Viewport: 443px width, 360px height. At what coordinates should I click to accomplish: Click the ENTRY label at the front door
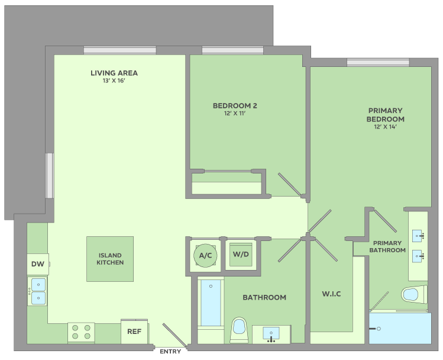(170, 352)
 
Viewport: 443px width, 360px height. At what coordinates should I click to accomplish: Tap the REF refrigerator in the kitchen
(134, 332)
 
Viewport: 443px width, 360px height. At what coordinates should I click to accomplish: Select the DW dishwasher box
(38, 264)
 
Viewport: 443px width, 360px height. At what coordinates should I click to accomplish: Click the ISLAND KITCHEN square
(110, 259)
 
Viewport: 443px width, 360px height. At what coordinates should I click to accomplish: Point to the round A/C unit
(205, 256)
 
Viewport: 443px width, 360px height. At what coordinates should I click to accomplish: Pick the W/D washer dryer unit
(241, 255)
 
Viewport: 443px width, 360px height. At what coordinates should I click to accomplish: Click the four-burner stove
(81, 332)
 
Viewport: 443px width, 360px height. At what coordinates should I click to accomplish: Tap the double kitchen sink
(38, 291)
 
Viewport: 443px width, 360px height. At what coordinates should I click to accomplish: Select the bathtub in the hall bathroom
(211, 303)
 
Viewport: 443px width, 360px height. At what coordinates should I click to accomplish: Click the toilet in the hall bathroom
(239, 330)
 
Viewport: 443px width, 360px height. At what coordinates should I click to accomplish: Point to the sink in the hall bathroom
(271, 335)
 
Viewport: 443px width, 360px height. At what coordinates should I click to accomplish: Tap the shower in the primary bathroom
(400, 329)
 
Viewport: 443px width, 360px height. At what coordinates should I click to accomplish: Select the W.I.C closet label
(331, 294)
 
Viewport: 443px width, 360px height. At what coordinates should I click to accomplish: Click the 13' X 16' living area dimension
(114, 81)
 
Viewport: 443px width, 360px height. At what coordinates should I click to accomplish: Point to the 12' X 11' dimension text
(235, 114)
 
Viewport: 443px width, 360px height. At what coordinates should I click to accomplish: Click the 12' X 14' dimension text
(386, 127)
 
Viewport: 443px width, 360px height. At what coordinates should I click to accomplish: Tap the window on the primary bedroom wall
(378, 63)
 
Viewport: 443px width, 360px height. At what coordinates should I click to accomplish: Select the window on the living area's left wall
(50, 176)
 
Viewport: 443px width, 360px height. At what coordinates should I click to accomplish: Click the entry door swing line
(174, 335)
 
